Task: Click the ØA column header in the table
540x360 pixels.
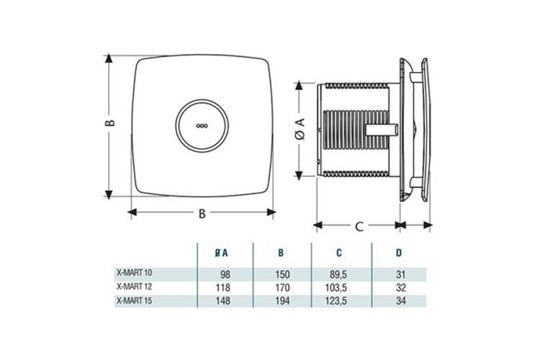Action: click(x=222, y=253)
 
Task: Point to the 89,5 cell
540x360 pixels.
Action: click(x=338, y=274)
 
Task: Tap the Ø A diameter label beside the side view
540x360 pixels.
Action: click(x=302, y=127)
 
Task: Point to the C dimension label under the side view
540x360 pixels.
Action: click(x=358, y=227)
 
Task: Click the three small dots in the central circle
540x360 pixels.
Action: click(x=202, y=124)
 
